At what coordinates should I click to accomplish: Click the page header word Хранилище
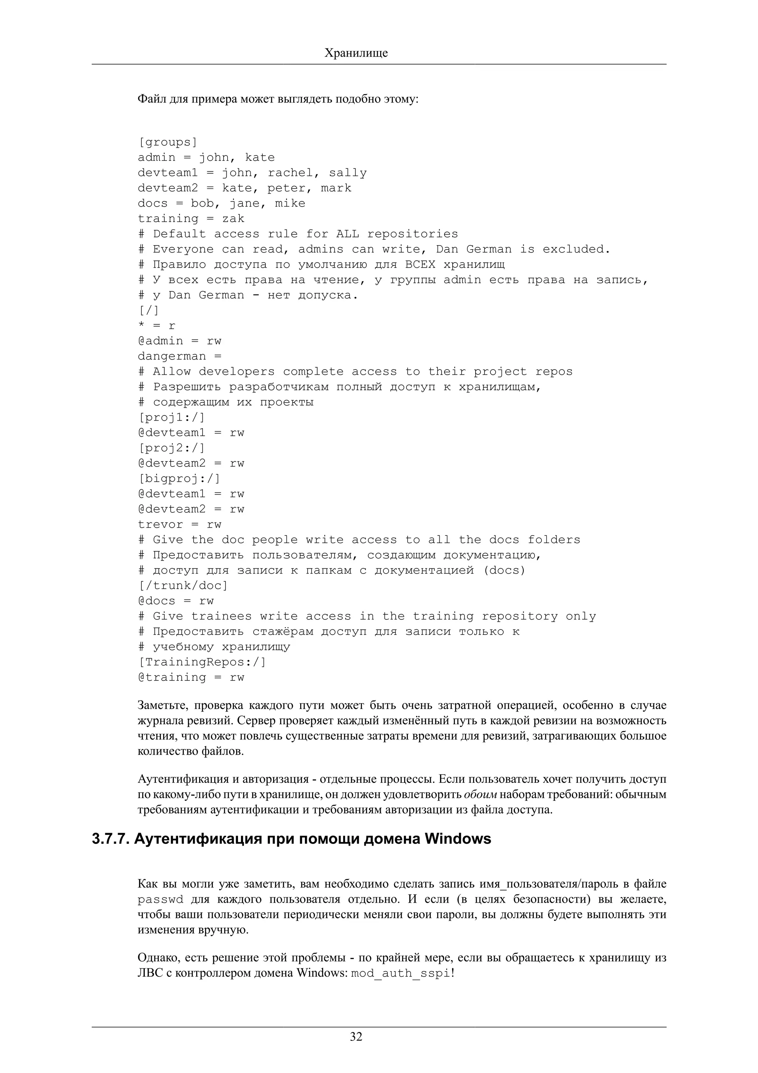[356, 53]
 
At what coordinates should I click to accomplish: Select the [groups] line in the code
[168, 142]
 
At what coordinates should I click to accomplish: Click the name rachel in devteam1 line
[290, 173]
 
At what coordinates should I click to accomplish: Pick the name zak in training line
[233, 219]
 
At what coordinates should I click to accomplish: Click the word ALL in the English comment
[348, 234]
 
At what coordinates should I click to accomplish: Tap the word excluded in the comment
[576, 249]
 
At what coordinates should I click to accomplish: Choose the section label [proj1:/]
[172, 417]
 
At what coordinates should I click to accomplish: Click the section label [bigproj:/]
[180, 478]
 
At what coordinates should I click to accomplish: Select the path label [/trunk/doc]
[183, 586]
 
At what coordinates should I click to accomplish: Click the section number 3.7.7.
[110, 839]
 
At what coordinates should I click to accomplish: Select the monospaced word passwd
[160, 900]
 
